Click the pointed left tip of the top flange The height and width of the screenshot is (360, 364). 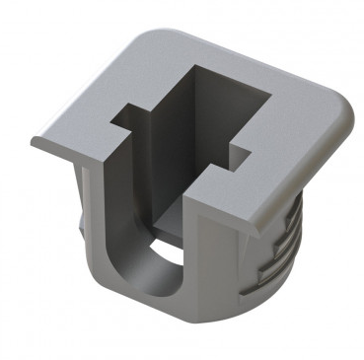click(33, 139)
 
